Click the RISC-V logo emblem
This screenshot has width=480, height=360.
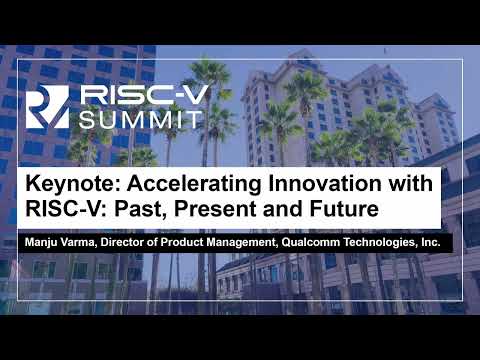pos(47,107)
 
